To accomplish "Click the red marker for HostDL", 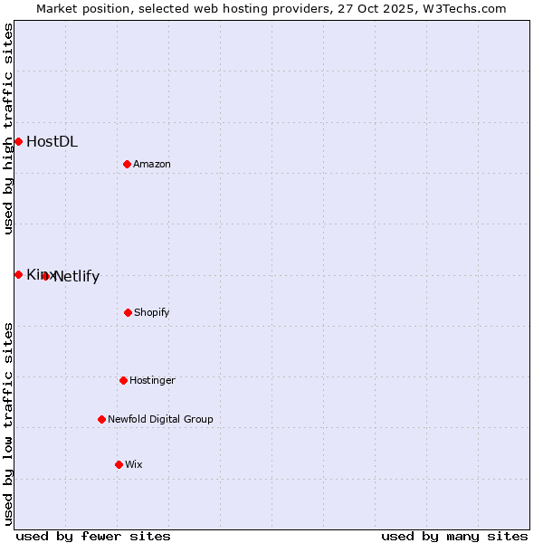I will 18,141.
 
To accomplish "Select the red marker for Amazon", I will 127,164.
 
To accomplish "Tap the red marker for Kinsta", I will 18,274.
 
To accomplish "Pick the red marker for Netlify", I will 45,276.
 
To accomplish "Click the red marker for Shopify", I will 128,312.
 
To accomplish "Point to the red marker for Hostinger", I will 123,380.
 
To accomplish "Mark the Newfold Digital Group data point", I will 101,419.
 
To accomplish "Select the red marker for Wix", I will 119,464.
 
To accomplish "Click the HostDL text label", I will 52,141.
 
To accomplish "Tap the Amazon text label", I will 152,164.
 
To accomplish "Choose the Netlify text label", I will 77,277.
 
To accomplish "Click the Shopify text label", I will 152,312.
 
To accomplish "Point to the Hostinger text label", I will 152,380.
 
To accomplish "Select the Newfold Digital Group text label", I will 160,419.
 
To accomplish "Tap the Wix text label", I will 134,464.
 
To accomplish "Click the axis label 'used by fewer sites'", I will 93,536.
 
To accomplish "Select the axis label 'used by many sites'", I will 454,536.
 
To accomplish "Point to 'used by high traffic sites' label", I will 8,129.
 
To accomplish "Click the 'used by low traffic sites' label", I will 8,423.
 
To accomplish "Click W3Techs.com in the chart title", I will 462,8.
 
